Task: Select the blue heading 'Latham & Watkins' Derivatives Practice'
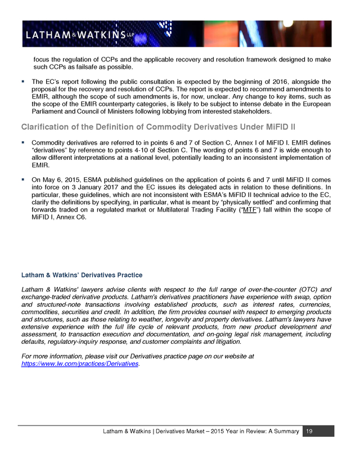82,275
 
